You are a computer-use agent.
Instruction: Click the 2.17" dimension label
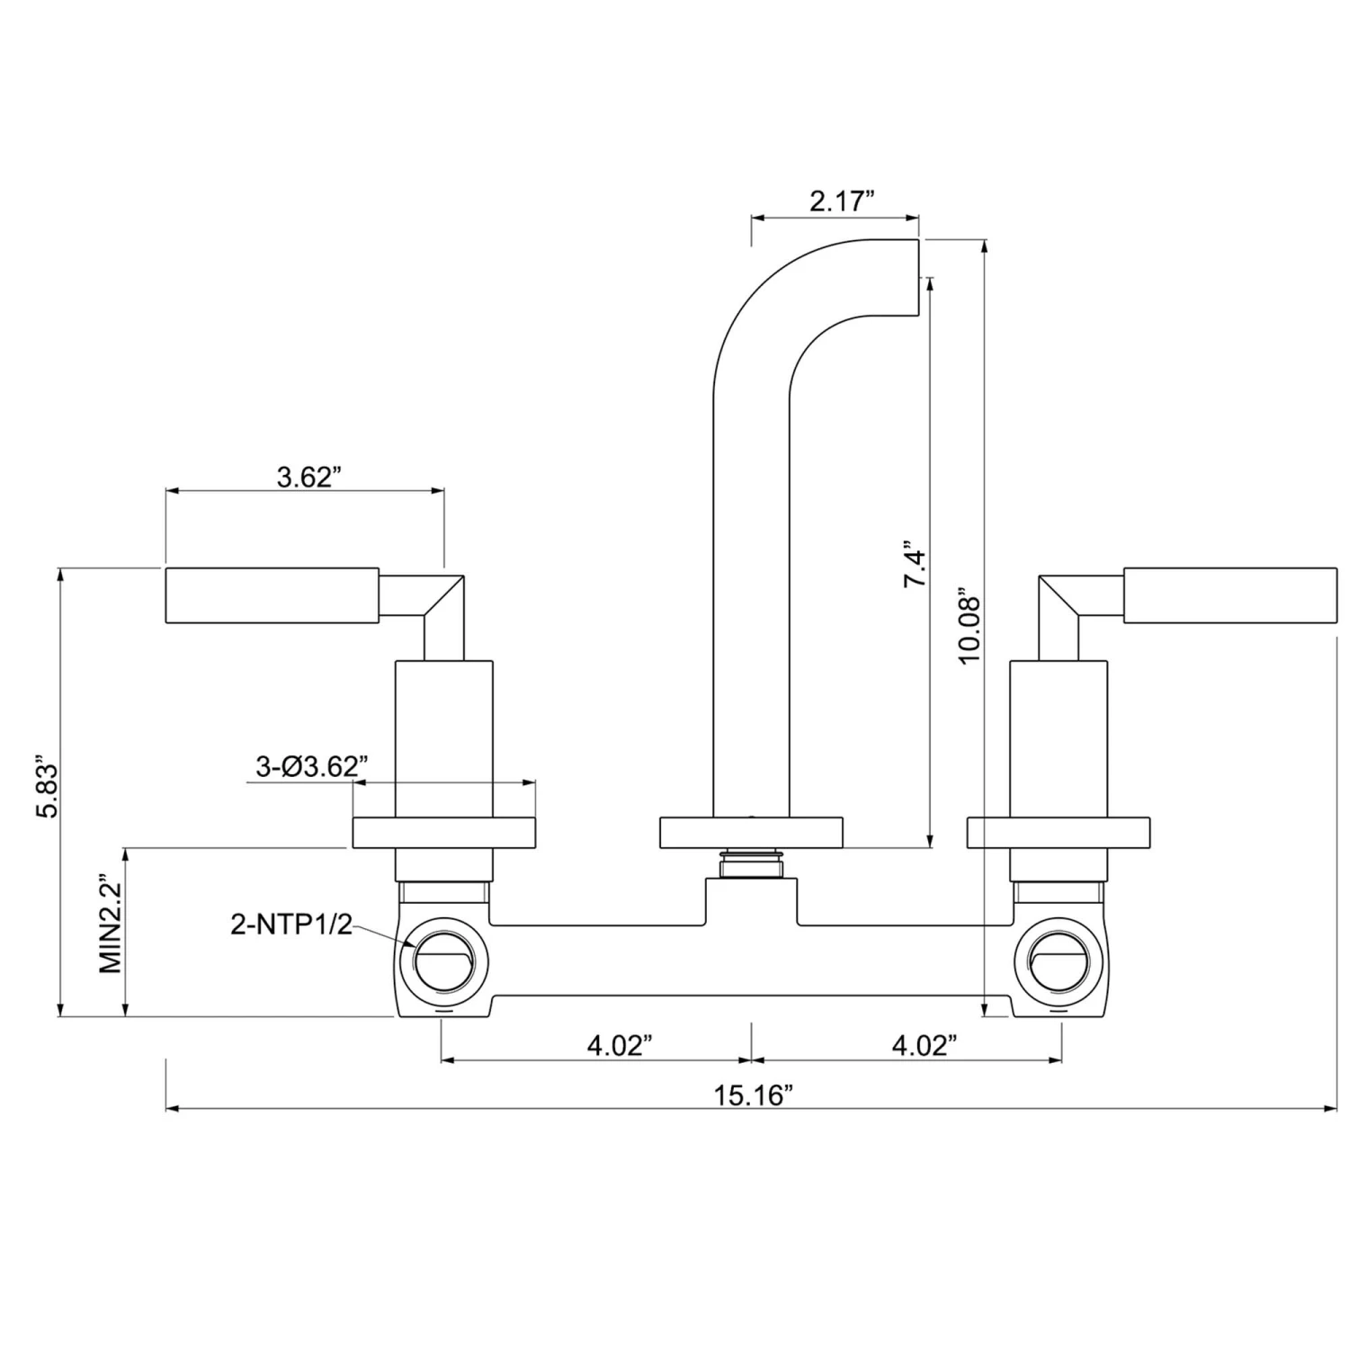842,201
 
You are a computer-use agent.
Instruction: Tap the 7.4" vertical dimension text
915,564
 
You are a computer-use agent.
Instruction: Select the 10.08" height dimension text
969,626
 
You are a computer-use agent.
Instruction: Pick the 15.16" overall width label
754,1095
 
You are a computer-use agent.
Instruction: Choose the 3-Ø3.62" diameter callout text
312,766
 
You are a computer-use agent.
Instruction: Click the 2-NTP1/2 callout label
291,924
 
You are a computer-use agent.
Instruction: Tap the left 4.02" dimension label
619,1045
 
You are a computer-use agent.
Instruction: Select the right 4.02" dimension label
924,1045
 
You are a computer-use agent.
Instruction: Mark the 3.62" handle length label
309,477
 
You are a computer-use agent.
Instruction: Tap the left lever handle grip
272,595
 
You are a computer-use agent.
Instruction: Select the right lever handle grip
1230,595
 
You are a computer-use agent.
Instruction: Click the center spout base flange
751,832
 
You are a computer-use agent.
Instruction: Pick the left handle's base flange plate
444,832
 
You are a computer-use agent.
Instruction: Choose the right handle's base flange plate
1059,832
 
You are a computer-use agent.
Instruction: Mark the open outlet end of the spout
918,277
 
